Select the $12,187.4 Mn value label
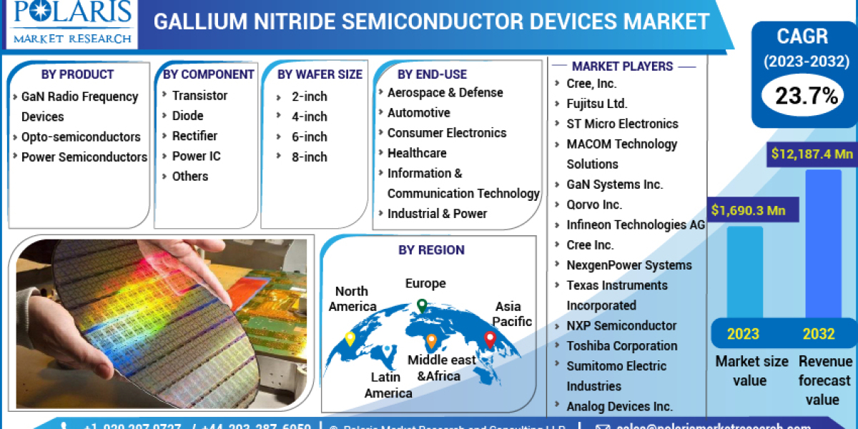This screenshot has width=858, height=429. point(812,154)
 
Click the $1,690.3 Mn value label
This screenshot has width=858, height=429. point(748,210)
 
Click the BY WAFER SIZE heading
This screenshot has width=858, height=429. point(320,74)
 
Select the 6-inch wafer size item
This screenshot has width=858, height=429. point(309,137)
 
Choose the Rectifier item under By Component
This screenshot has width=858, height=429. point(194,136)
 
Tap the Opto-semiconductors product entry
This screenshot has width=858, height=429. point(81,137)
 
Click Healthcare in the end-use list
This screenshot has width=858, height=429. point(417,153)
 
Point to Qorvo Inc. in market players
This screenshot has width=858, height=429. point(594,204)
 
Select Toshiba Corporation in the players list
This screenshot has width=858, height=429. point(622,345)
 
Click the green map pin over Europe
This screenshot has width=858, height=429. point(422,306)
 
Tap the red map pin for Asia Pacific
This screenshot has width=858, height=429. point(490,340)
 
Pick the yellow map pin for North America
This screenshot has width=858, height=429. point(350,339)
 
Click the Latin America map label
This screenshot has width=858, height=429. point(388,385)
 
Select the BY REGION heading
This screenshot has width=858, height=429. point(431,250)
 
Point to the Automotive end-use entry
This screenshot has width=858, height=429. point(418,113)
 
